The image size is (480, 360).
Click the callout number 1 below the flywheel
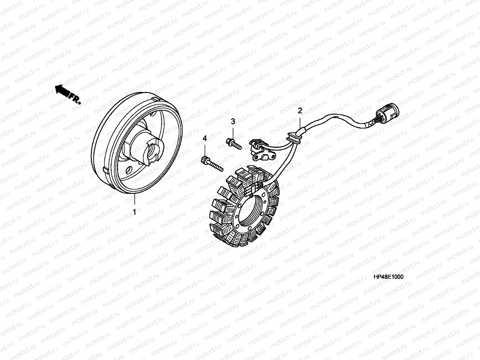click(x=135, y=212)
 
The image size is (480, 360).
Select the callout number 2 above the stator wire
click(x=300, y=111)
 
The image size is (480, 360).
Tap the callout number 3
click(x=233, y=121)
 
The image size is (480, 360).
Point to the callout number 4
click(x=205, y=139)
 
